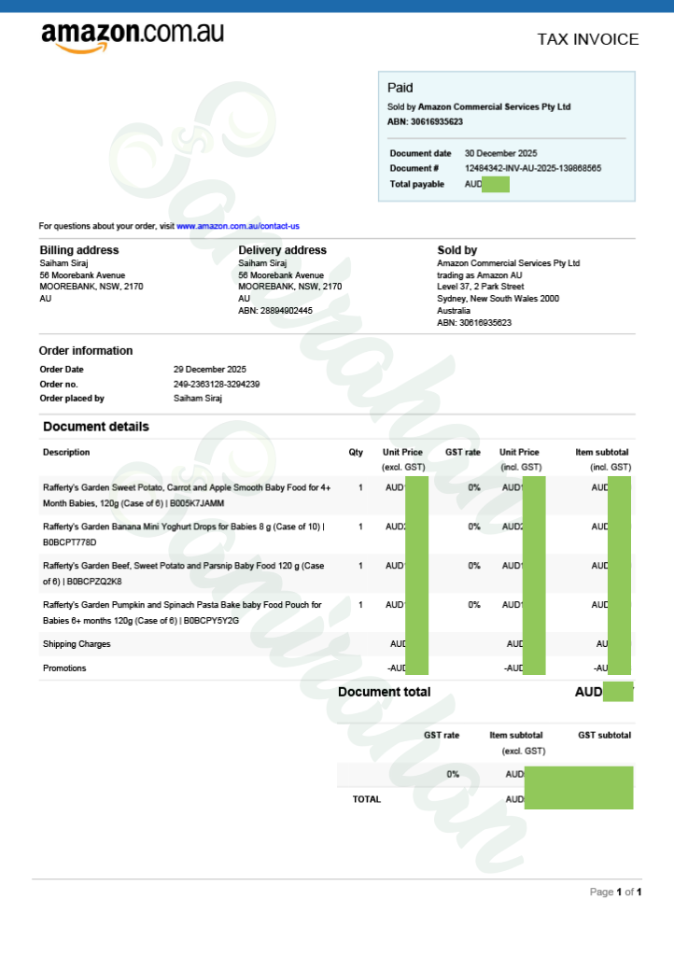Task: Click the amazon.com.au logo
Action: point(132,36)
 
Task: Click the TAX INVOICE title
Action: point(587,39)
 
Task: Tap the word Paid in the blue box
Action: point(400,88)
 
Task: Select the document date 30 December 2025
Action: point(500,153)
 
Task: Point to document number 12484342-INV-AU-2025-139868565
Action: point(532,168)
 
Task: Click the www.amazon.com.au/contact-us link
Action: point(237,226)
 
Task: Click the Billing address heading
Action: point(78,250)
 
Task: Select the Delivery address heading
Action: point(282,250)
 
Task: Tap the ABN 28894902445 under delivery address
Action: point(275,311)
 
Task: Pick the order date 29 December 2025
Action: point(210,370)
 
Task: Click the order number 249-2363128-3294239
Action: point(217,384)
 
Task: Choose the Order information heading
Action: point(86,351)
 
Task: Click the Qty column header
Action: point(356,452)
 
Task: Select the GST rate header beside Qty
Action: point(463,452)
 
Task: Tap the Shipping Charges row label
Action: point(77,644)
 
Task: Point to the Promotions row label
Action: point(64,668)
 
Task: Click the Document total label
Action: point(384,692)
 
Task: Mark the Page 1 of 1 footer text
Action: point(614,893)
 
